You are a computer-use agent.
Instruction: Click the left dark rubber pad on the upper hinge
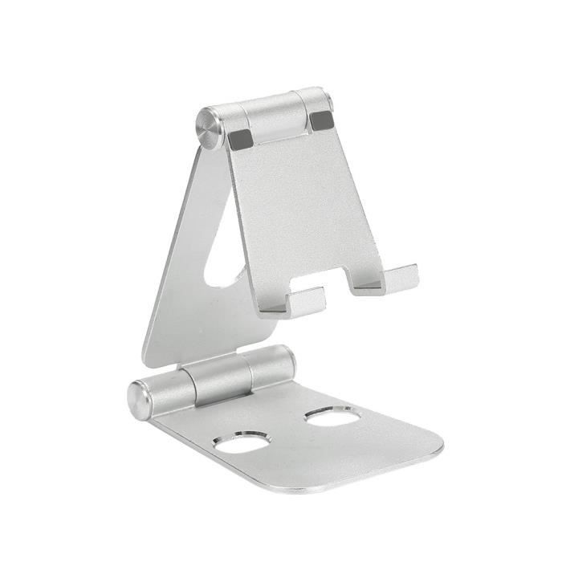pyautogui.click(x=240, y=139)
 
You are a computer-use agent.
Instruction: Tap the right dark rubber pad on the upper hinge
pyautogui.click(x=320, y=121)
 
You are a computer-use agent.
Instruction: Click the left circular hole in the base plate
pyautogui.click(x=241, y=442)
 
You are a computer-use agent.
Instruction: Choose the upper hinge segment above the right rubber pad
pyautogui.click(x=315, y=100)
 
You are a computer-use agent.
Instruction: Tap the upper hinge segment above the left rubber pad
pyautogui.click(x=232, y=118)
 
